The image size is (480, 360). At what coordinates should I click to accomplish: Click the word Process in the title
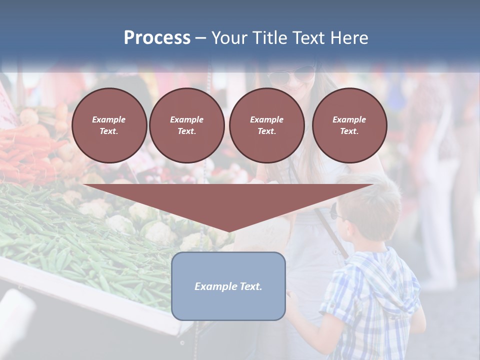tap(157, 38)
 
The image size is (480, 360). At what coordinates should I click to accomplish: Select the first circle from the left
tap(109, 125)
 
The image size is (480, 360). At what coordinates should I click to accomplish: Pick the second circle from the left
tap(187, 125)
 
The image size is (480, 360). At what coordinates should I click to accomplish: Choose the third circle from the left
tap(267, 125)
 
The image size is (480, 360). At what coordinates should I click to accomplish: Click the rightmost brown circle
tap(349, 125)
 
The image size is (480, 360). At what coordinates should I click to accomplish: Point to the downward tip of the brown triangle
tap(229, 231)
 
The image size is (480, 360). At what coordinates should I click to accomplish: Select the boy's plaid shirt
tap(372, 295)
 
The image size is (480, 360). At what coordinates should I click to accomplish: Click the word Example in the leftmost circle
tap(109, 119)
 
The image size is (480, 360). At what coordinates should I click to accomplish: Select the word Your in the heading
tap(227, 38)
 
